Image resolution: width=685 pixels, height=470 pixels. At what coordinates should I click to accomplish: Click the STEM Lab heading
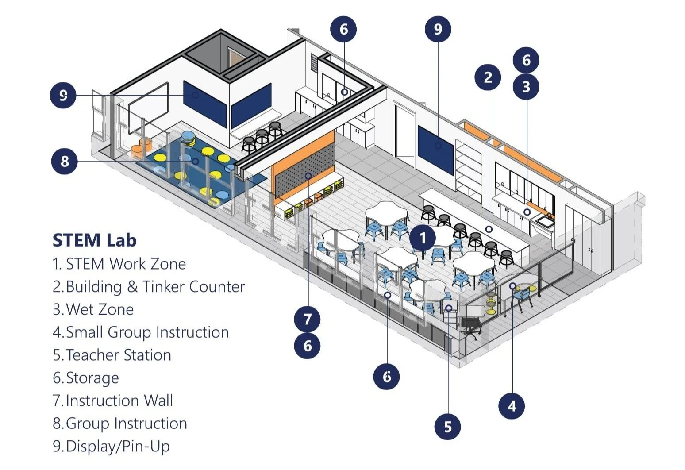coord(94,240)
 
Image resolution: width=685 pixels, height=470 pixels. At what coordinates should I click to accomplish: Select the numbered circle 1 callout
coord(422,238)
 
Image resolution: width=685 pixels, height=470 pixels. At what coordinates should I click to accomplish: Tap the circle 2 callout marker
coord(488,77)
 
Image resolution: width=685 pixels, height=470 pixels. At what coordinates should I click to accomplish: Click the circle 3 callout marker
coord(526,86)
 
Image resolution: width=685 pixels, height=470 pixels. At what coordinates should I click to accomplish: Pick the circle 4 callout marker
coord(512,406)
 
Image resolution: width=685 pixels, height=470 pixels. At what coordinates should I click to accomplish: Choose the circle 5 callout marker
coord(448,427)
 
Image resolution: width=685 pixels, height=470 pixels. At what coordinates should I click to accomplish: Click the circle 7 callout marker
coord(308,319)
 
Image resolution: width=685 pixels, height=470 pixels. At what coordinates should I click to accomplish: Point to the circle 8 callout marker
coord(65,161)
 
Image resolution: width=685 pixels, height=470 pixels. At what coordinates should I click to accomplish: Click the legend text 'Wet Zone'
coord(99,309)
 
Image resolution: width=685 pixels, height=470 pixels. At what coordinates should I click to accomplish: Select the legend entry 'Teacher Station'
coord(118,355)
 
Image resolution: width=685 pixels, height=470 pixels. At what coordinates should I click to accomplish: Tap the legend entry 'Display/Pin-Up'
coord(117,446)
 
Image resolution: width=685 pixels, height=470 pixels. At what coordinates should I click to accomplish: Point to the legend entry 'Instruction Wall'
coord(119,401)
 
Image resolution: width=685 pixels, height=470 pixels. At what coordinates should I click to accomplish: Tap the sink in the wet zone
coord(545,220)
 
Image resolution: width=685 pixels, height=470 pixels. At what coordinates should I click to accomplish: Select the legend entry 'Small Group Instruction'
coord(147,332)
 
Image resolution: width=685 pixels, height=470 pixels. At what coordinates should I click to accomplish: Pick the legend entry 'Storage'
coord(92,378)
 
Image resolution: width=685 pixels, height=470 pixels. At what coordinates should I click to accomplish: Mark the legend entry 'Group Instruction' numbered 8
coord(126,424)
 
